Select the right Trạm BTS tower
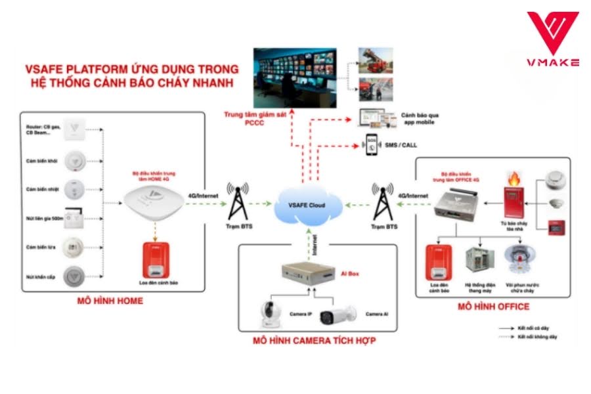382,201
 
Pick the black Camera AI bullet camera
338,315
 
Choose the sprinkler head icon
518,262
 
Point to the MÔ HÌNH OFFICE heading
493,306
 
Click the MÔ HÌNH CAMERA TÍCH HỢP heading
315,341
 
